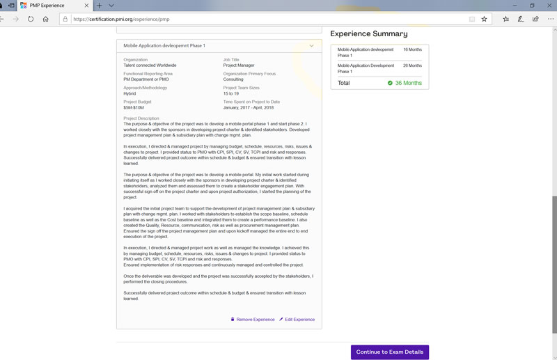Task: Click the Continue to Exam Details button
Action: click(x=389, y=352)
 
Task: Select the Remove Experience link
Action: click(x=255, y=320)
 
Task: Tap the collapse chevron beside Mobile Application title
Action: click(x=311, y=46)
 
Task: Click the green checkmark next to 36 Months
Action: click(x=391, y=83)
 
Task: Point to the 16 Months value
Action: click(x=412, y=50)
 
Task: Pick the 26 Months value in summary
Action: click(x=412, y=65)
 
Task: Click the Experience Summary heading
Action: click(x=368, y=33)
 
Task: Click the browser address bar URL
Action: click(x=121, y=19)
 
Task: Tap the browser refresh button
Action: click(x=31, y=19)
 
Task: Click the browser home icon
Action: click(x=46, y=19)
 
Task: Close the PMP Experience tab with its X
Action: click(x=86, y=6)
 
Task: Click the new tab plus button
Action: click(x=100, y=6)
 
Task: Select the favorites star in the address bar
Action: click(x=484, y=19)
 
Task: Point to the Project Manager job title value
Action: click(x=239, y=65)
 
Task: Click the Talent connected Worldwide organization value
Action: click(x=150, y=65)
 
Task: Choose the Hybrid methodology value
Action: click(x=130, y=93)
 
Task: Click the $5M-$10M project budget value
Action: click(x=134, y=107)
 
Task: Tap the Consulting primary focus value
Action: click(x=233, y=79)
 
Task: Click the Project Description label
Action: click(x=141, y=118)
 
